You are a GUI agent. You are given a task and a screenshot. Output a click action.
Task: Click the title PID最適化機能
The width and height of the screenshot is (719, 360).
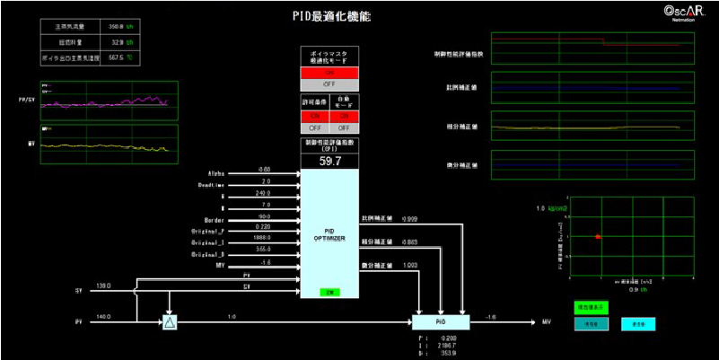[x=331, y=16]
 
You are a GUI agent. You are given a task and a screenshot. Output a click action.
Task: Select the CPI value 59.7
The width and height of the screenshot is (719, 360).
[x=329, y=161]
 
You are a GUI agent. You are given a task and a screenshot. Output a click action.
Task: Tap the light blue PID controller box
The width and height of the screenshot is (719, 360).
[x=440, y=320]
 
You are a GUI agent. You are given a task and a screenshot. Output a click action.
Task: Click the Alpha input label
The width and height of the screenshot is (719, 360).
[x=215, y=169]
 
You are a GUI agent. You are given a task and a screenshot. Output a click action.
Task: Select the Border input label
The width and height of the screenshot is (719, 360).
[x=213, y=218]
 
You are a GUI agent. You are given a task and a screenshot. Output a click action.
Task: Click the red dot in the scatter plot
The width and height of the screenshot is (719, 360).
[x=598, y=236]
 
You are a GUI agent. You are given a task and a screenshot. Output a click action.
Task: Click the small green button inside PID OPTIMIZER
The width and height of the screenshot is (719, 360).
[x=329, y=292]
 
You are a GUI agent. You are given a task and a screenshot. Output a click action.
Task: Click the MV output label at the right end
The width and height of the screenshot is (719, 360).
[x=547, y=320]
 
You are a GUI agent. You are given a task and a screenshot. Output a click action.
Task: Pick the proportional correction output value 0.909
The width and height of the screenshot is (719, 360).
[x=409, y=218]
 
